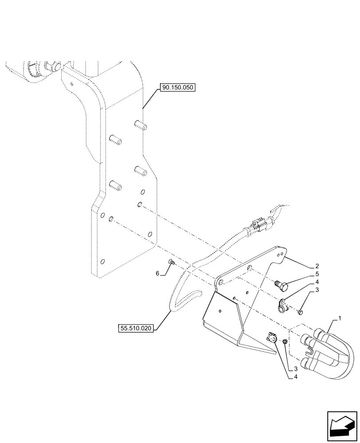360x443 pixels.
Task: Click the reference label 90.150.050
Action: (x=177, y=88)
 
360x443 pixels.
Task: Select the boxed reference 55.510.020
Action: (x=136, y=328)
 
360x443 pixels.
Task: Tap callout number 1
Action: (x=340, y=319)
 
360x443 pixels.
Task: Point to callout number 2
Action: (x=317, y=267)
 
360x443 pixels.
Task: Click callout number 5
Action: (x=317, y=274)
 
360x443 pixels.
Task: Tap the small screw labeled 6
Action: (x=172, y=264)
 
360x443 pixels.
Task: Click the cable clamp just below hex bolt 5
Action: (x=282, y=306)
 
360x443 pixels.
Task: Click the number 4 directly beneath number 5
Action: (x=317, y=282)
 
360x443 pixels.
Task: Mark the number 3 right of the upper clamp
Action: (x=317, y=290)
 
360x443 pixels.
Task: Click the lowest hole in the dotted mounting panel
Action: (x=103, y=261)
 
